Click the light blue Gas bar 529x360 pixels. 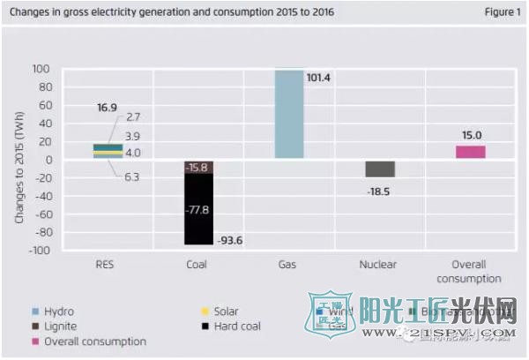coord(288,115)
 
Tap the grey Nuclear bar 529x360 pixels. coord(380,169)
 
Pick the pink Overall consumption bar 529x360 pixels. coord(470,152)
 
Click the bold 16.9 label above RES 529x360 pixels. coord(108,108)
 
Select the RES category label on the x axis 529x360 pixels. coord(107,264)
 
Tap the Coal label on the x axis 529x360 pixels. coord(197,264)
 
